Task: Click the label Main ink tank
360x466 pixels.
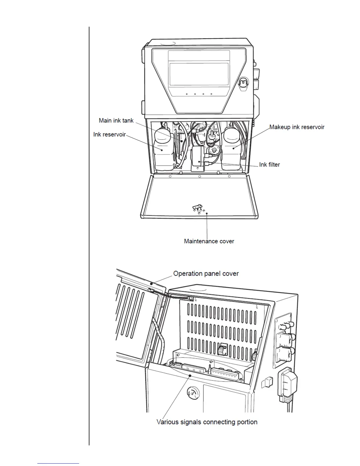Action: tap(116, 121)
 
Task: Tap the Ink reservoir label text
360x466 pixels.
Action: tap(109, 134)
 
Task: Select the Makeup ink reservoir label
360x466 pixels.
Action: tap(297, 127)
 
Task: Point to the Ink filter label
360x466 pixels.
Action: tap(269, 165)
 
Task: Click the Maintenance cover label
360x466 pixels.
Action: tap(209, 241)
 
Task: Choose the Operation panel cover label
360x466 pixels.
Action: tap(206, 274)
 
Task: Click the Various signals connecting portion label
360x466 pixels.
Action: tap(207, 422)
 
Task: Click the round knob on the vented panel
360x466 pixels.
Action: tap(221, 350)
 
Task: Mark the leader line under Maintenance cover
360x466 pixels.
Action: tap(207, 225)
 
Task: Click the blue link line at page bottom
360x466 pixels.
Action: tap(58, 463)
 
